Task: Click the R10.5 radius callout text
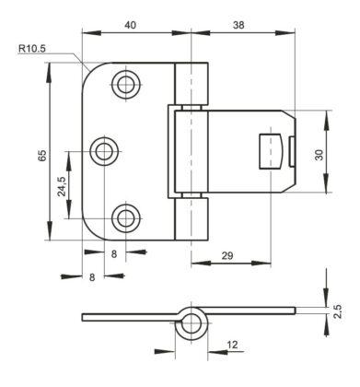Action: coord(32,49)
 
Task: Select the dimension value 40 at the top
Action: coord(130,25)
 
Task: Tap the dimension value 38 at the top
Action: coord(238,25)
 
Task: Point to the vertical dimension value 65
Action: coord(42,155)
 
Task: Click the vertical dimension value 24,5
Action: coord(62,186)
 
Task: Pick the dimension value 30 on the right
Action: coord(319,155)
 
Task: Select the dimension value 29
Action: coord(227,255)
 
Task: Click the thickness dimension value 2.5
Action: coord(337,311)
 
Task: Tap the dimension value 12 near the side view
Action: coord(233,345)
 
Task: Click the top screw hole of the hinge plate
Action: coord(126,84)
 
